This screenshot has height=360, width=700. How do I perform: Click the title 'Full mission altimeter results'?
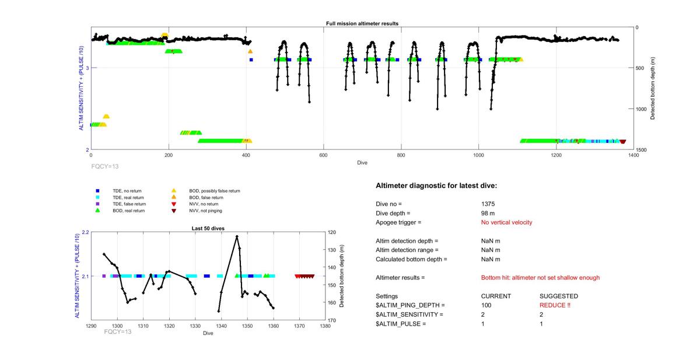pyautogui.click(x=362, y=23)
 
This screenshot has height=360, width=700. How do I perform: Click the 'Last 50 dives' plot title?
pyautogui.click(x=208, y=228)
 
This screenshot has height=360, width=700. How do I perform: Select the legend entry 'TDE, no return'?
pyautogui.click(x=127, y=191)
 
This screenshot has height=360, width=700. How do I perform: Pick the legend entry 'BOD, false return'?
pyautogui.click(x=204, y=197)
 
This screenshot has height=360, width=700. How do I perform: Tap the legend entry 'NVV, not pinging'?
pyautogui.click(x=204, y=210)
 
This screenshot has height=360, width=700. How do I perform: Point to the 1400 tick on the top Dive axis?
pyautogui.click(x=633, y=156)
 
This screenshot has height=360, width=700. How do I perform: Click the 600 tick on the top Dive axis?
pyautogui.click(x=323, y=156)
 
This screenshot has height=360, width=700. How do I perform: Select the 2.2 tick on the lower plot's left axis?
pyautogui.click(x=85, y=232)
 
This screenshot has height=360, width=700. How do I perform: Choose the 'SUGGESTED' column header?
pyautogui.click(x=558, y=296)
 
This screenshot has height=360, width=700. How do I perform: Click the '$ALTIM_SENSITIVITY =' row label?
pyautogui.click(x=409, y=314)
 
